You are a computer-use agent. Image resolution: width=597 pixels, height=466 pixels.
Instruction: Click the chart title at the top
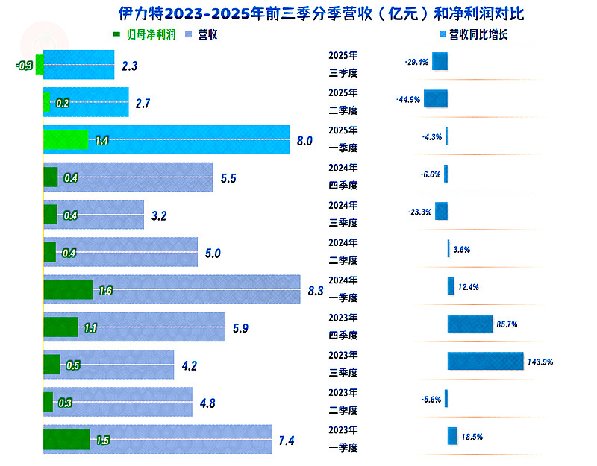pyautogui.click(x=321, y=14)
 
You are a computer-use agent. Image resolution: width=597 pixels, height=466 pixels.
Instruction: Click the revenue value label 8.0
pyautogui.click(x=304, y=140)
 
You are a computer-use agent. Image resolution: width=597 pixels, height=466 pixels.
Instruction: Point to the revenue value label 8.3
pyautogui.click(x=315, y=291)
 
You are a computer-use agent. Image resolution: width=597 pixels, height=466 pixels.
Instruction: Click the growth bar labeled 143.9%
pyautogui.click(x=485, y=361)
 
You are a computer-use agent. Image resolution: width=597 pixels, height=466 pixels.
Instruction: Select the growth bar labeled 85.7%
pyautogui.click(x=469, y=324)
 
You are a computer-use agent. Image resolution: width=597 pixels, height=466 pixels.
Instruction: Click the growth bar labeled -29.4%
pyautogui.click(x=440, y=61)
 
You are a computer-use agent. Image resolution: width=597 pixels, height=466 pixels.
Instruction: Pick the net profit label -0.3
pyautogui.click(x=24, y=66)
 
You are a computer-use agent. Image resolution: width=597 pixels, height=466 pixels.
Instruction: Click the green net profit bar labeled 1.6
pyautogui.click(x=68, y=290)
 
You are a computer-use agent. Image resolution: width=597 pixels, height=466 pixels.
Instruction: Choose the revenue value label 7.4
pyautogui.click(x=287, y=441)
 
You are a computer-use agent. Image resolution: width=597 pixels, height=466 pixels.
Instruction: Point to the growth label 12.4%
pyautogui.click(x=469, y=287)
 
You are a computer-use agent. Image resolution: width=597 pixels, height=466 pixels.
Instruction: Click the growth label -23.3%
pyautogui.click(x=419, y=212)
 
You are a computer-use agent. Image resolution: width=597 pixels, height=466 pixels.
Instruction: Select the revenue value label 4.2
pyautogui.click(x=190, y=365)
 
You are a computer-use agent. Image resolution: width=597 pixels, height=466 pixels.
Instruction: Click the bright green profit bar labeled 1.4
pyautogui.click(x=66, y=139)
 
